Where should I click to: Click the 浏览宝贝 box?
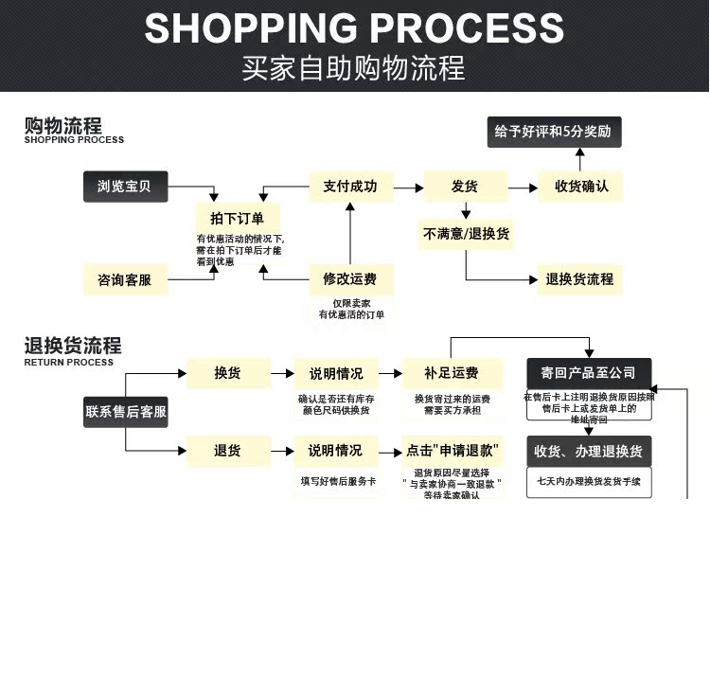[x=124, y=187]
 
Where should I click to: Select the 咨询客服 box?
[x=124, y=279]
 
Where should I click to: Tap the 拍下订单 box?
[x=238, y=219]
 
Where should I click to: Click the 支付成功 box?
[x=350, y=187]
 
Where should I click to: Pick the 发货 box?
[x=464, y=187]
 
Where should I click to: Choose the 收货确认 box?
[x=581, y=187]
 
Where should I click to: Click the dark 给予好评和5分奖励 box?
[x=555, y=133]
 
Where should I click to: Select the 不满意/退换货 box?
[x=467, y=234]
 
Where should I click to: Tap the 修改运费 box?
[x=350, y=279]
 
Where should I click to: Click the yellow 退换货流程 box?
[x=580, y=279]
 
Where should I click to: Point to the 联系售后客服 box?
[x=126, y=412]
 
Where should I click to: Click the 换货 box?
[x=227, y=373]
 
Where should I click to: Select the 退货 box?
[x=227, y=451]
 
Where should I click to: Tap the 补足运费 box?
[x=452, y=373]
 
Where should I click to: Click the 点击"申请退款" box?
[x=452, y=451]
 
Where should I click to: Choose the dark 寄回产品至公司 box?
[x=588, y=373]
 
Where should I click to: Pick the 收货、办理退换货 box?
[x=589, y=452]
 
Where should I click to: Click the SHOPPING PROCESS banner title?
[x=354, y=28]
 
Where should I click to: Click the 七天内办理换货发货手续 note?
[x=589, y=482]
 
